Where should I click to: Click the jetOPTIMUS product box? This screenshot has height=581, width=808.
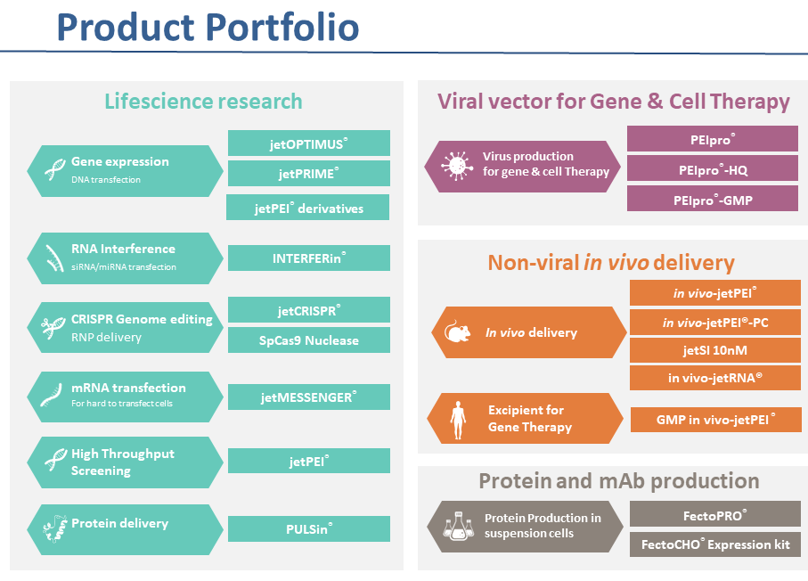click(x=308, y=143)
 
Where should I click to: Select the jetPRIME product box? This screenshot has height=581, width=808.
click(x=308, y=173)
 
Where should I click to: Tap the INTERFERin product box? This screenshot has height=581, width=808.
click(x=308, y=258)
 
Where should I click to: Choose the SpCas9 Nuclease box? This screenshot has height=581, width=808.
click(x=308, y=340)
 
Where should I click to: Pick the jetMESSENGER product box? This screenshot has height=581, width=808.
click(x=308, y=397)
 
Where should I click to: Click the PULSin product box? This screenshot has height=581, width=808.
click(x=308, y=529)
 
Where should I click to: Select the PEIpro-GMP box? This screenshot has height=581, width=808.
click(x=713, y=199)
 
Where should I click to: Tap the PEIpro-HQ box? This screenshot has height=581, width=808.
click(x=713, y=168)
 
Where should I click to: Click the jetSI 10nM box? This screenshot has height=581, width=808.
click(x=715, y=350)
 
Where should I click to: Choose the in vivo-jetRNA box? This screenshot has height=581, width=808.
click(x=715, y=378)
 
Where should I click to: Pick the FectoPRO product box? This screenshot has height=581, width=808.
click(x=715, y=514)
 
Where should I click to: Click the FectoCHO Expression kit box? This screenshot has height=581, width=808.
click(x=715, y=544)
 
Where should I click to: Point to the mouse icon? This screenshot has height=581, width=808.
click(x=458, y=332)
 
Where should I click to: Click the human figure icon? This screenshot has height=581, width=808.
click(x=458, y=420)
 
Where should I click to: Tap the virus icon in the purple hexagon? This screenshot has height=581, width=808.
click(x=457, y=166)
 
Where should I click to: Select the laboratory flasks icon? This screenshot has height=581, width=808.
click(x=458, y=527)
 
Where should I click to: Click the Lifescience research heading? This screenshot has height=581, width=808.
click(x=203, y=102)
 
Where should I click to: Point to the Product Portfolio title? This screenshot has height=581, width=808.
click(x=208, y=27)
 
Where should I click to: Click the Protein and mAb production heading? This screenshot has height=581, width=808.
click(x=619, y=481)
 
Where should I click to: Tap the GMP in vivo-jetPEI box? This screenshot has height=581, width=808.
click(x=716, y=420)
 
